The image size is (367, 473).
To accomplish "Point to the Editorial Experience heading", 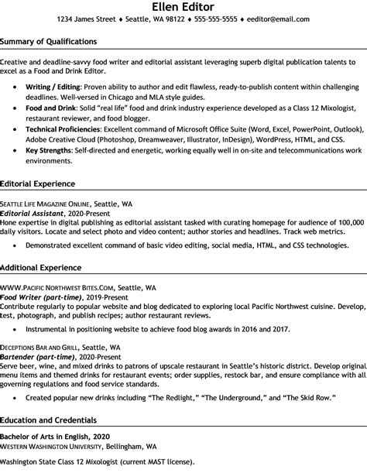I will click(x=37, y=183).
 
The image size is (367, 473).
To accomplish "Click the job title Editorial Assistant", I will click(x=33, y=212).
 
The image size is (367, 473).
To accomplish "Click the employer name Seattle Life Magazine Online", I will click(x=47, y=203).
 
